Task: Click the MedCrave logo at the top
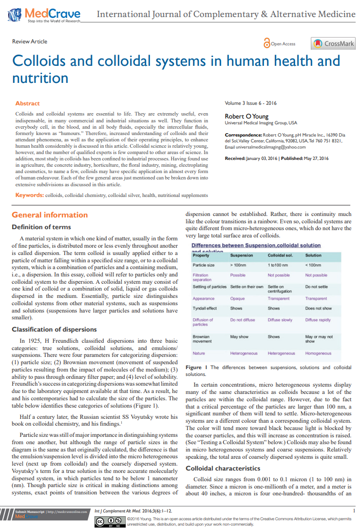44,14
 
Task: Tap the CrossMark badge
333,43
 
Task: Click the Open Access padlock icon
266,43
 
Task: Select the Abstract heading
27,103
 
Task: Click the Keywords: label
29,195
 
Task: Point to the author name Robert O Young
246,116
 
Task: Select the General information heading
50,215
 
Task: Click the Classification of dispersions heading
54,329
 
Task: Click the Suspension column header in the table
242,255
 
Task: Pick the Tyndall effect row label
205,308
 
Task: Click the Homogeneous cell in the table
318,353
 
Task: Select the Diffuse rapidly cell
318,320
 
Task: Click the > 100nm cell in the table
238,265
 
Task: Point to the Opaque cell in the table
237,298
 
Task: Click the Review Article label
30,41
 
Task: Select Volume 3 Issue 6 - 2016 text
250,103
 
